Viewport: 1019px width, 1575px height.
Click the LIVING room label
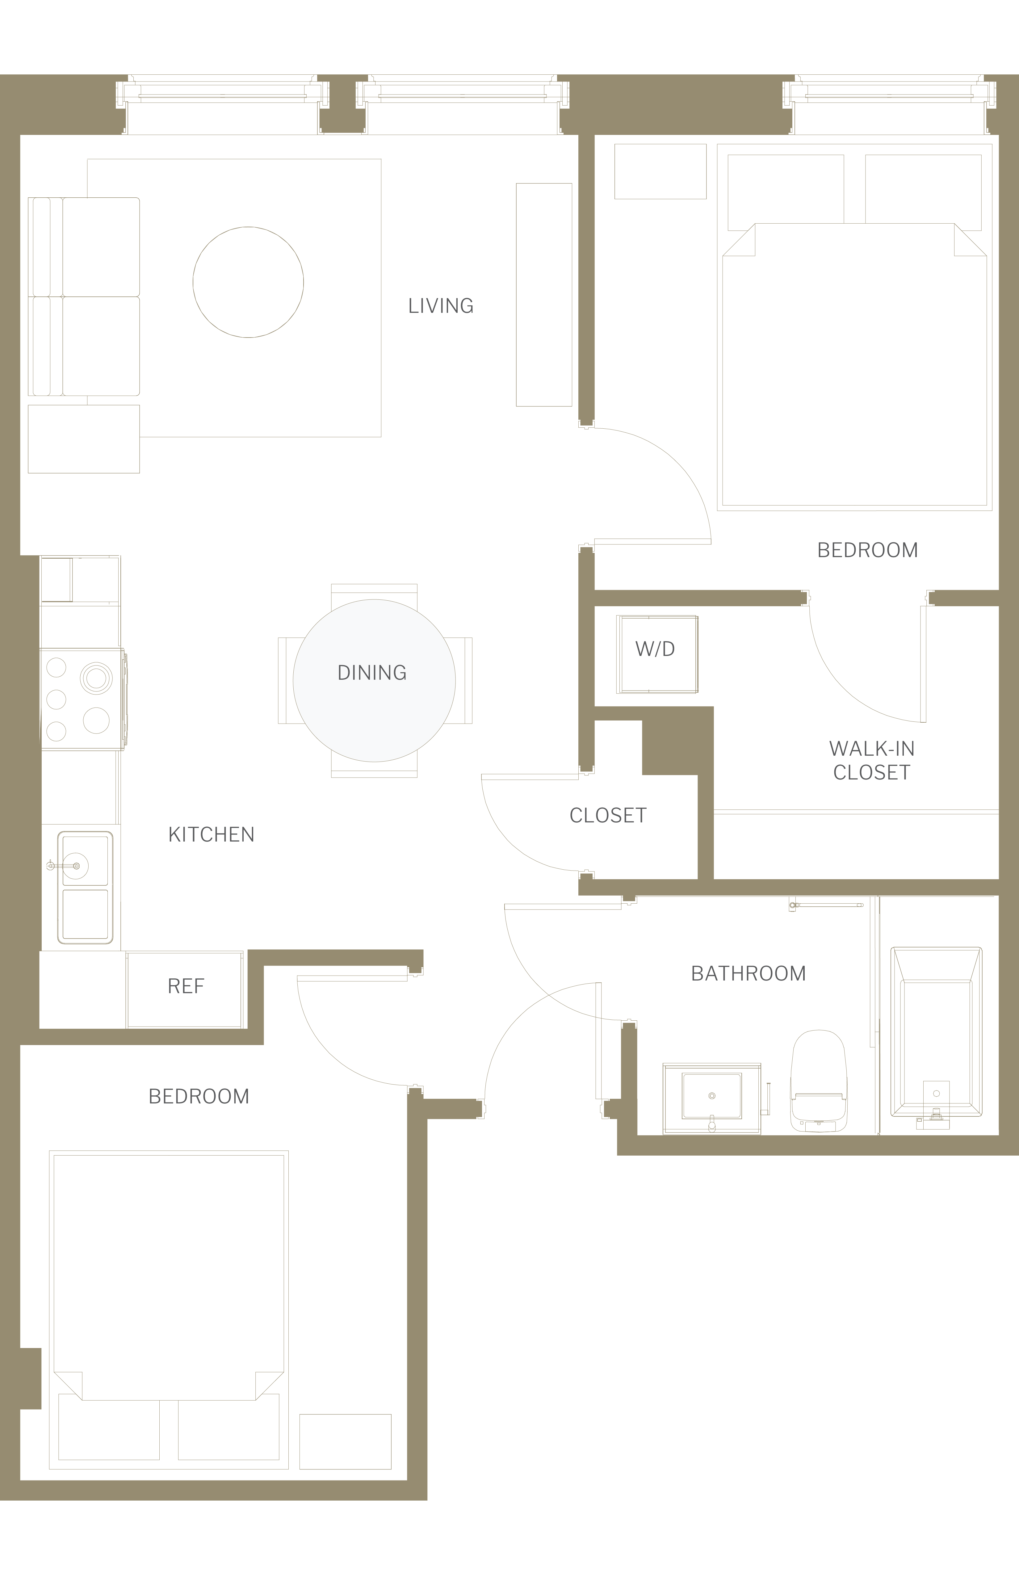point(441,306)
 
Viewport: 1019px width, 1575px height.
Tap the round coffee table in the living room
point(248,283)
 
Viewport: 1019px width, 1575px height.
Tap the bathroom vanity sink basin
point(712,1096)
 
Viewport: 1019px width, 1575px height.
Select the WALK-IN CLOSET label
point(871,760)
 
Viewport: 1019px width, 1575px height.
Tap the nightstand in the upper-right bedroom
point(660,171)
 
